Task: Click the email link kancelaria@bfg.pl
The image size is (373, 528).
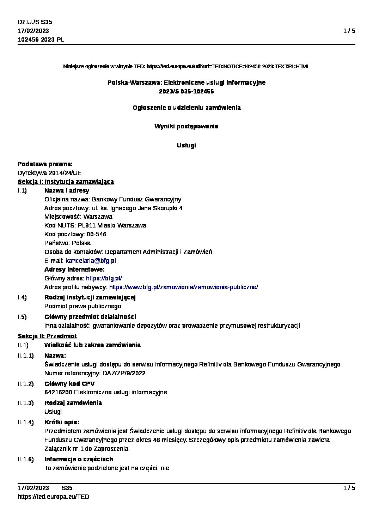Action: click(x=91, y=261)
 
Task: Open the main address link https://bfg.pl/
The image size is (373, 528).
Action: click(x=104, y=278)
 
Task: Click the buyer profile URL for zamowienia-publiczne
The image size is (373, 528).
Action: click(x=183, y=287)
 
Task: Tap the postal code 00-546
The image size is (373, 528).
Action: click(x=97, y=235)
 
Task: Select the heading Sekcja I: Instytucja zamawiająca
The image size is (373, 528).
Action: click(x=66, y=182)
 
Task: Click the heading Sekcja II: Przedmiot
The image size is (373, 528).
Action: click(x=47, y=336)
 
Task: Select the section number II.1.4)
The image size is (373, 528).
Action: click(x=26, y=422)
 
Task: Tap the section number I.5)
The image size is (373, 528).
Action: click(x=22, y=317)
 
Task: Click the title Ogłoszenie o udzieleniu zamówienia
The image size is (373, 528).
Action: click(x=186, y=108)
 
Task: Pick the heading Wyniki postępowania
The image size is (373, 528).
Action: click(x=186, y=126)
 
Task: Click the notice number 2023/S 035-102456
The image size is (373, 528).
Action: click(x=186, y=92)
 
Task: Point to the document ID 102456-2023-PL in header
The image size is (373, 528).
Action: click(x=41, y=40)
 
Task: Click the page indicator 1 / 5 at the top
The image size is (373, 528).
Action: click(x=349, y=31)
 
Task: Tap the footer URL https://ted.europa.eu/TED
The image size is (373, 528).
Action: click(x=53, y=497)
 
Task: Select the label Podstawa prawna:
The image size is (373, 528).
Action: click(x=45, y=164)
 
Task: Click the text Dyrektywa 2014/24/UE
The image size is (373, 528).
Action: click(x=49, y=173)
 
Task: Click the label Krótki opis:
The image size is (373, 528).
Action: click(x=62, y=422)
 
